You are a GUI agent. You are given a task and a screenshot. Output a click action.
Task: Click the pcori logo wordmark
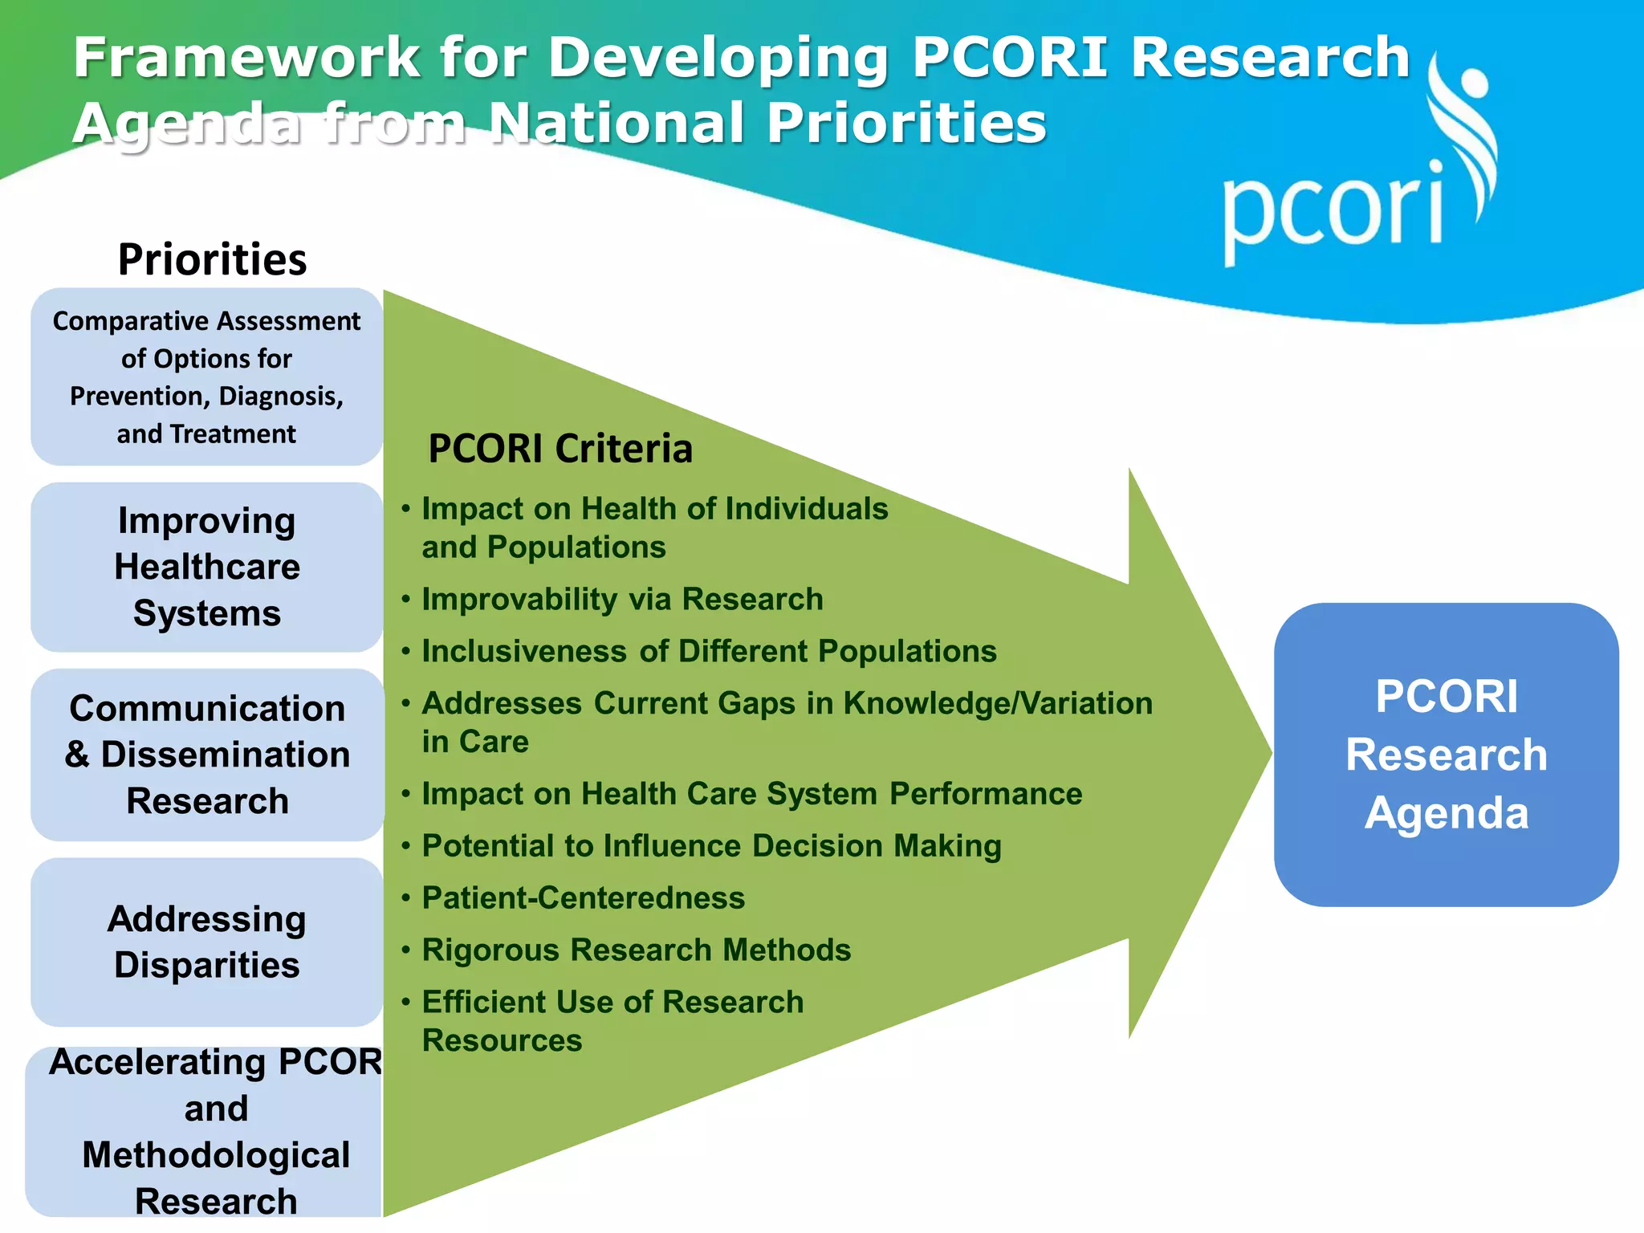(1333, 210)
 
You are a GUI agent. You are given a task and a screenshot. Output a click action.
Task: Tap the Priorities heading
(212, 259)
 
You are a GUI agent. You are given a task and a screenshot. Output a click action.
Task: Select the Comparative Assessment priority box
(206, 376)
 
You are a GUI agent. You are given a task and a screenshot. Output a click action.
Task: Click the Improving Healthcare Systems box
(206, 567)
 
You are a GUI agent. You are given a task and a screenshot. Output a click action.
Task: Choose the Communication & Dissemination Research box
(207, 755)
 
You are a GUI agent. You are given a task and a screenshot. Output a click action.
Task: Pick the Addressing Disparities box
(206, 942)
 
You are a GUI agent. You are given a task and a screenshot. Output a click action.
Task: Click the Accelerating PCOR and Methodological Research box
(206, 1132)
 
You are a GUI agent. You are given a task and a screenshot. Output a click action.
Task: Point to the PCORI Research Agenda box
(1446, 755)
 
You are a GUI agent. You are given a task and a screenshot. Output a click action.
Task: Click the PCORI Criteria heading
(560, 448)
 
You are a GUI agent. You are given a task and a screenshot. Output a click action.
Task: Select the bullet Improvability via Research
(622, 600)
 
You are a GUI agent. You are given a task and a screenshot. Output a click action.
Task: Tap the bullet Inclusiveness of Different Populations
(709, 652)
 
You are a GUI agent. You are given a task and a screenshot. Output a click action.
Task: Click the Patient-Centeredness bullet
(584, 898)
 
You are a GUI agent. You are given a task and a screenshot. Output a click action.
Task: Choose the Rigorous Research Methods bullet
(637, 950)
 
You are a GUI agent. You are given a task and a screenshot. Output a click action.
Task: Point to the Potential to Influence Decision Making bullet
(711, 846)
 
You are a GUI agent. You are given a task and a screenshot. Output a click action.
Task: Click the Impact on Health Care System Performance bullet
(752, 794)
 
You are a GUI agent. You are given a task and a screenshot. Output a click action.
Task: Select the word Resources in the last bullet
(502, 1041)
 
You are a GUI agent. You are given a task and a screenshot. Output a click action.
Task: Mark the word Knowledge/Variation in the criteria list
(998, 704)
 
